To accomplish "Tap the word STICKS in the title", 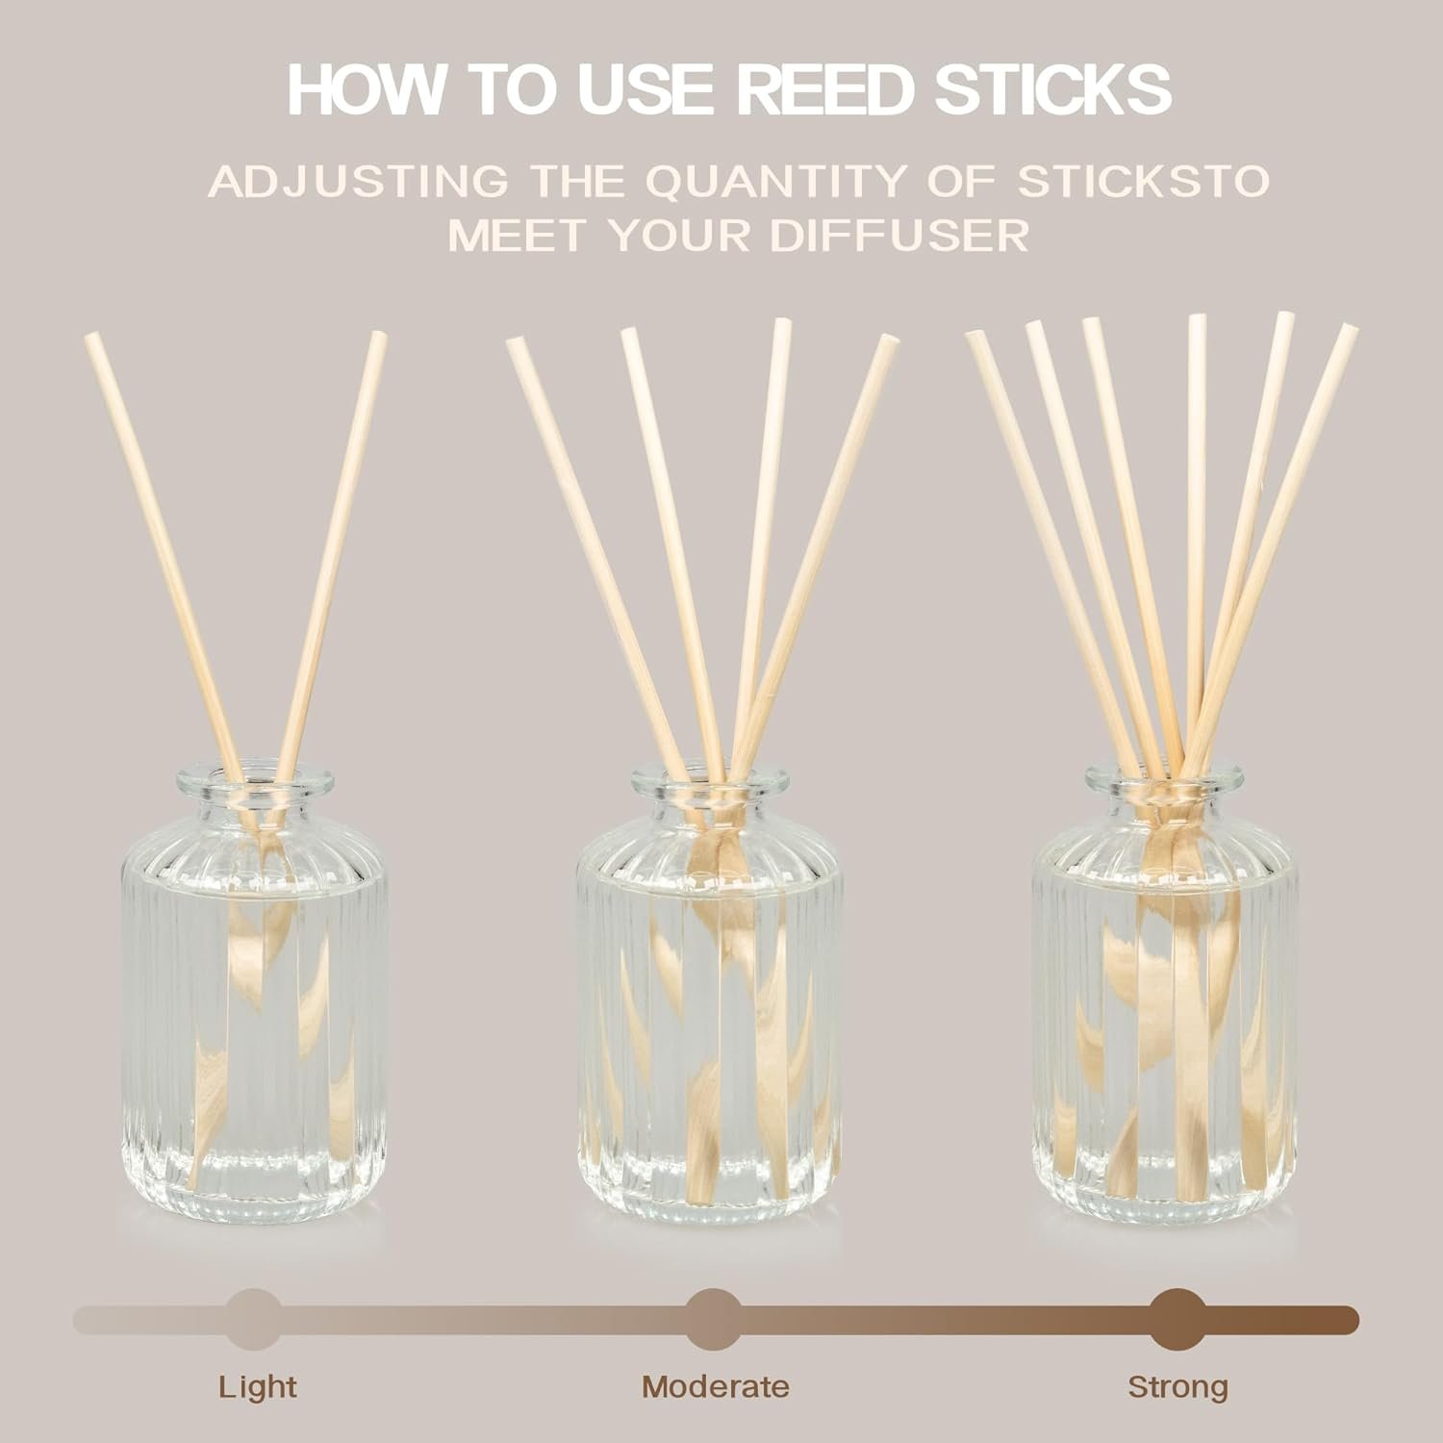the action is point(1063,89).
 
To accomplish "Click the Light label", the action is point(258,1387).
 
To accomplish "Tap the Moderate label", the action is point(716,1386).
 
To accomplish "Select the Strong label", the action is point(1178,1387).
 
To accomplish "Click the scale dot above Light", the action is point(254,1319).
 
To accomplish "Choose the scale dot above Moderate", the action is point(714,1319).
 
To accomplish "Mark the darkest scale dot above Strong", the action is point(1177,1319).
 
